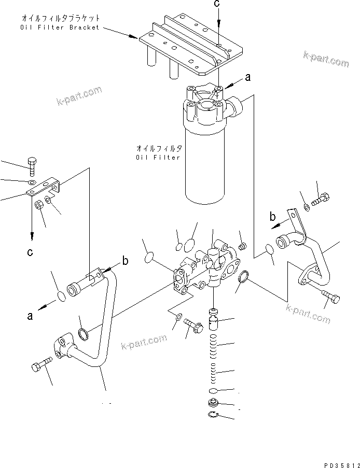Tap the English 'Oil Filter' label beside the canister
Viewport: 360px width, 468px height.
[158, 157]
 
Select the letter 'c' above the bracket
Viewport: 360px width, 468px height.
[218, 5]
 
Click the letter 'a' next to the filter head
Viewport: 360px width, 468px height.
[247, 78]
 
